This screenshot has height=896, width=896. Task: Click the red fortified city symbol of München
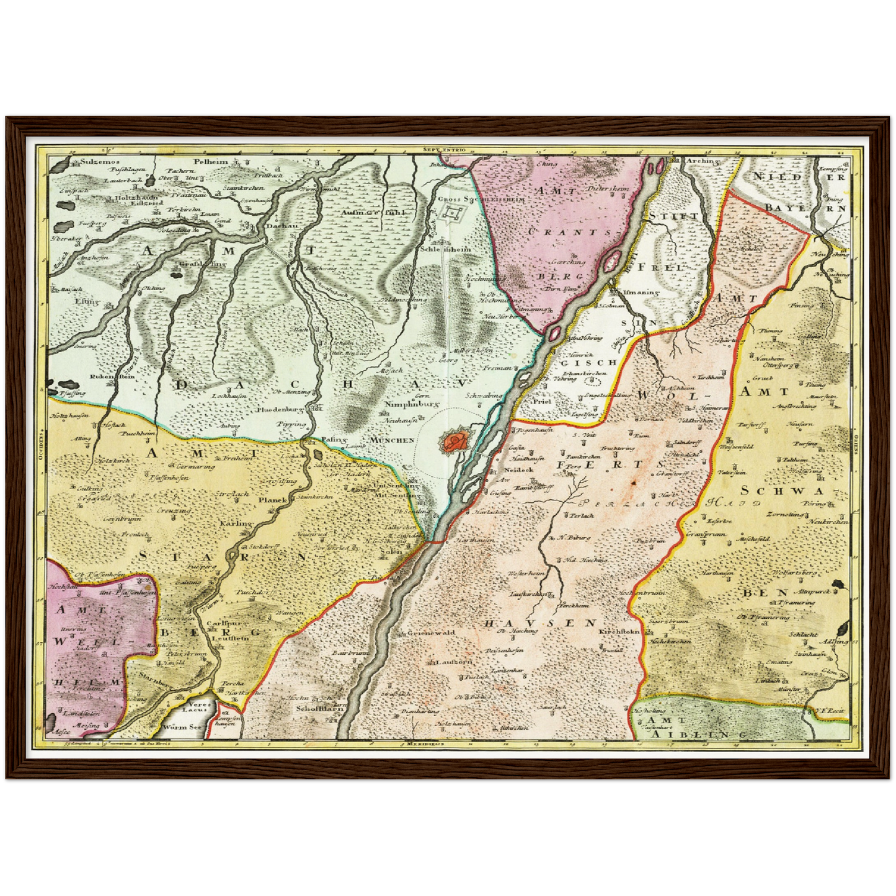456,442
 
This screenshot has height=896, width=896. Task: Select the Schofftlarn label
319,708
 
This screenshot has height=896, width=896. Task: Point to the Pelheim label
211,161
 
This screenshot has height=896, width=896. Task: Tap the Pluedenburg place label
280,410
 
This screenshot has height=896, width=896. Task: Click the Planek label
273,500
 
